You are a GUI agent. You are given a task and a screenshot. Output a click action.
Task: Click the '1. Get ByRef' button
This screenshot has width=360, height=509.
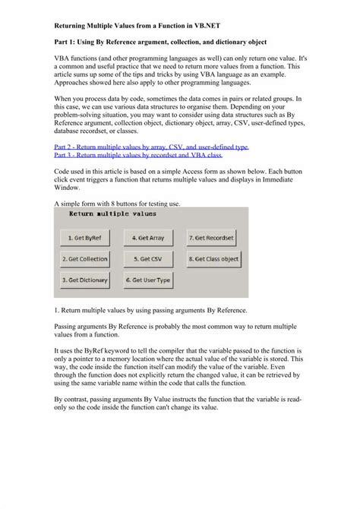click(x=85, y=238)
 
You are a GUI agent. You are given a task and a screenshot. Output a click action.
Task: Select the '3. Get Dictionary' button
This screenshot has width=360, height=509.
click(x=85, y=280)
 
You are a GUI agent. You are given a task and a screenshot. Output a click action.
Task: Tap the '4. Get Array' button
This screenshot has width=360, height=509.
click(x=148, y=238)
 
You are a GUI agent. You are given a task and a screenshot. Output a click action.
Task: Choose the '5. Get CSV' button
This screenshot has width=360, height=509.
click(x=148, y=259)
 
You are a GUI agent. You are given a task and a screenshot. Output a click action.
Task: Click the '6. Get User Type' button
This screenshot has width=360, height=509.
click(x=148, y=280)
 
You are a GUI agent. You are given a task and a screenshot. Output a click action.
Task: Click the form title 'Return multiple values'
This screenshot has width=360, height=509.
click(x=112, y=215)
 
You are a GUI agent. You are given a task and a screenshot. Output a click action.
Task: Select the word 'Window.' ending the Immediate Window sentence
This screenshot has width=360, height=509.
click(x=70, y=190)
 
